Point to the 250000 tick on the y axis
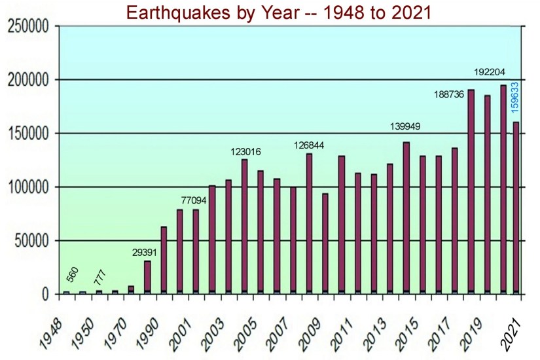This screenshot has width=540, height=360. tap(31, 27)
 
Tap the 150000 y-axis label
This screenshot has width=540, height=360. tap(31, 134)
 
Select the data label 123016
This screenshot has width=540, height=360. tap(245, 152)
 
